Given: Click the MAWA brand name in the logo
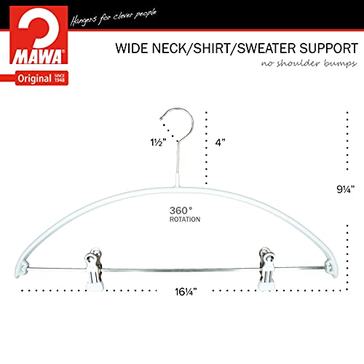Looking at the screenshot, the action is (38, 57).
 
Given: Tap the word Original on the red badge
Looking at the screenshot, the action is (34, 79).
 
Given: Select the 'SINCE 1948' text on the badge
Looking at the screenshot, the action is (60, 78).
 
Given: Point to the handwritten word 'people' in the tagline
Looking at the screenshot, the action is (146, 15).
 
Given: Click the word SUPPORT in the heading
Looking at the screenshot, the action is (328, 48).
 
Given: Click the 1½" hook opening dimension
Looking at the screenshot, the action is (158, 142).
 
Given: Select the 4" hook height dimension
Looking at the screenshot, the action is (220, 143).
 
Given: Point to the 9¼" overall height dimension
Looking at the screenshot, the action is (346, 189).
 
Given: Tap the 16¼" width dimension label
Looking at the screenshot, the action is (186, 292).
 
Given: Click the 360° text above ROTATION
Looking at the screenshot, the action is (181, 210).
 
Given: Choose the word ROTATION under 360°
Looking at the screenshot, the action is (185, 219).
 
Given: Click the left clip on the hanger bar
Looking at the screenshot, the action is (94, 269).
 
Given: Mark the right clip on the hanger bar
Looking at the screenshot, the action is (266, 269).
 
